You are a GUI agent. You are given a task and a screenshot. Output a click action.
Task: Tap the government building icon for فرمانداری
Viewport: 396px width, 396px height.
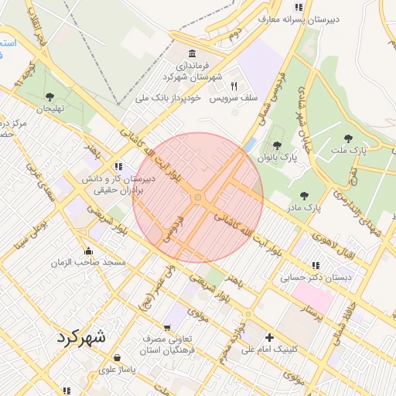click(x=192, y=53)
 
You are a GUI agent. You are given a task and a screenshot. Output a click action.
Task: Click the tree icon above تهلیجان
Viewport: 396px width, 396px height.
click(x=49, y=97)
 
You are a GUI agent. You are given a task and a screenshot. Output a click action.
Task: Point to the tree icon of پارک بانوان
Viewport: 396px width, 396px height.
click(x=277, y=145)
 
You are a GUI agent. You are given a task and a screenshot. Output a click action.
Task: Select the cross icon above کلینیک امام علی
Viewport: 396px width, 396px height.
click(x=269, y=337)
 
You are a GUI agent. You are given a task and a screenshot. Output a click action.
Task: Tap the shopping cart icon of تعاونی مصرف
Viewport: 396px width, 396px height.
click(x=166, y=328)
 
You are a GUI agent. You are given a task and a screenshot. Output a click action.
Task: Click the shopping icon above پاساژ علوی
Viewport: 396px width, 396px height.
click(x=117, y=358)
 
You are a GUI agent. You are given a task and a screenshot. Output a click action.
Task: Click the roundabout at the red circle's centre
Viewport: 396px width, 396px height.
click(x=198, y=198)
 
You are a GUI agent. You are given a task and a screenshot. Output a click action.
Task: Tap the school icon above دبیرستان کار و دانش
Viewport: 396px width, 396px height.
click(x=118, y=166)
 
